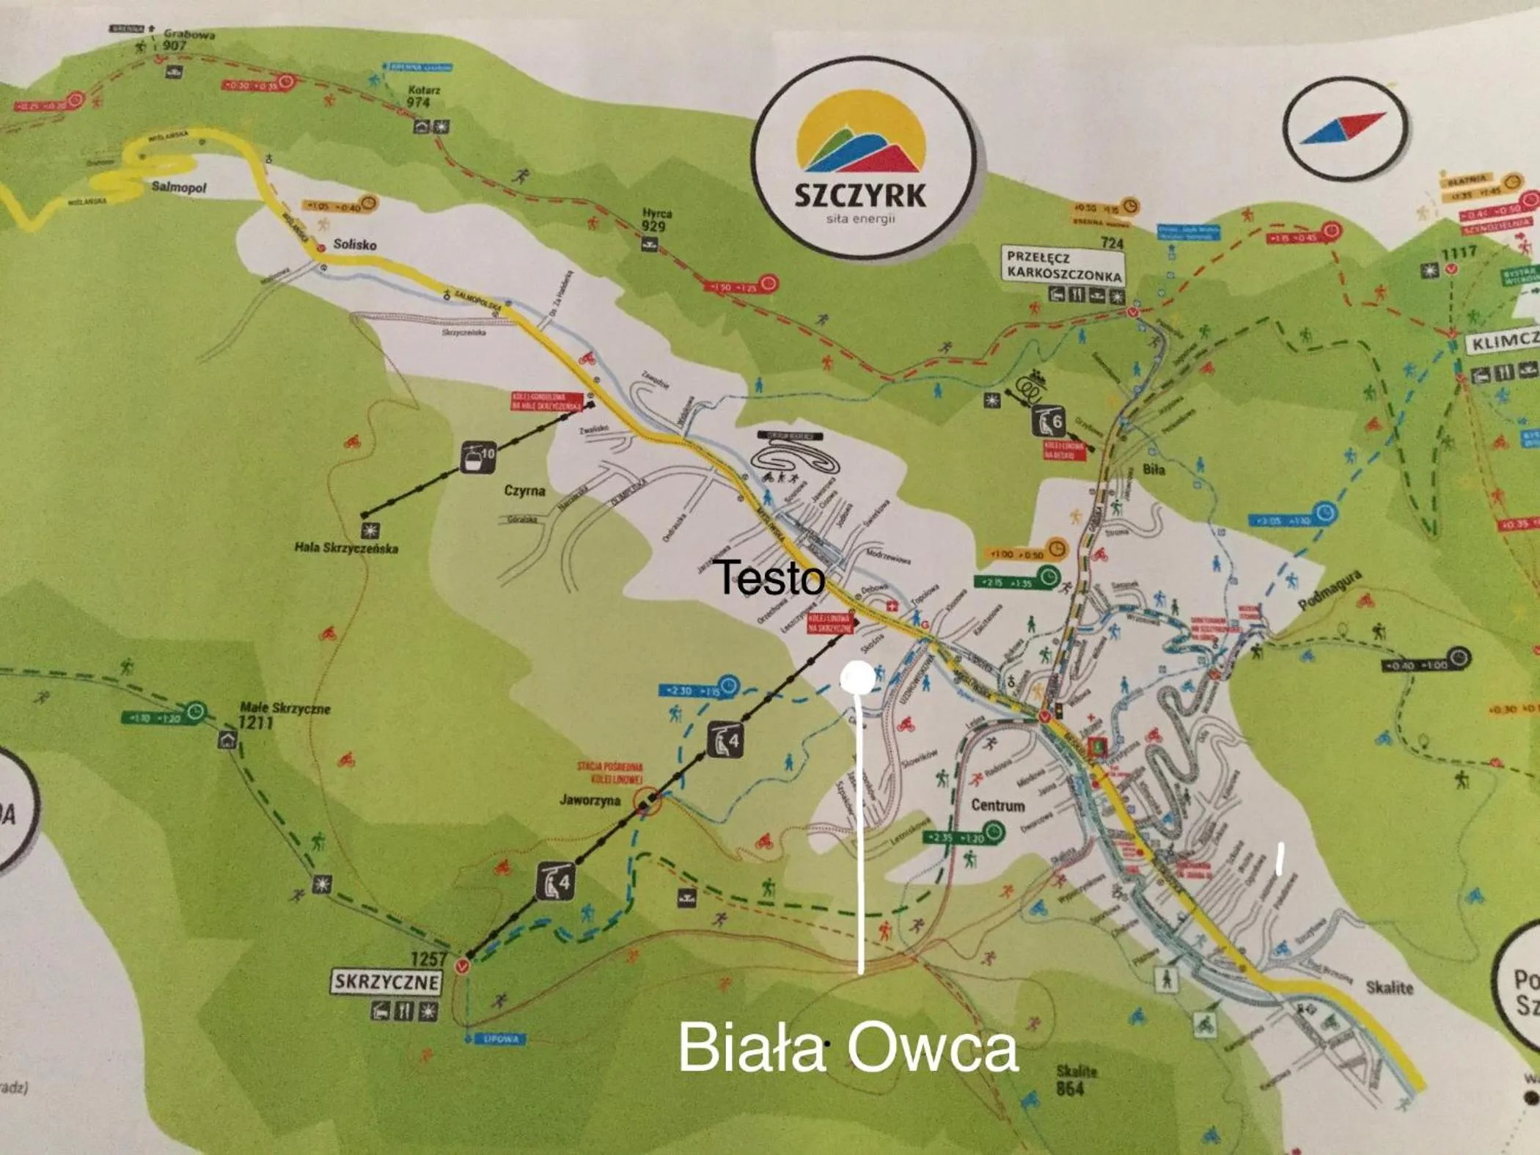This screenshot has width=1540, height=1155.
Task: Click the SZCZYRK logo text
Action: pyautogui.click(x=860, y=196)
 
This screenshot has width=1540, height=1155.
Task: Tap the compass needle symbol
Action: pyautogui.click(x=1343, y=129)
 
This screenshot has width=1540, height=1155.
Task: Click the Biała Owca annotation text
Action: pyautogui.click(x=848, y=1048)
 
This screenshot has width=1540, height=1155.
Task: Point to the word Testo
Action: pyautogui.click(x=769, y=577)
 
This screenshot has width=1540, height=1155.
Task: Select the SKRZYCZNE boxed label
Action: pyautogui.click(x=386, y=982)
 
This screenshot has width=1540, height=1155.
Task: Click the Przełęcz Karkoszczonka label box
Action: pyautogui.click(x=1063, y=265)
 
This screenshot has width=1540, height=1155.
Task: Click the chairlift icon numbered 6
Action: pyautogui.click(x=1048, y=421)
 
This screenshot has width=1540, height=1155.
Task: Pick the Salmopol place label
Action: pyautogui.click(x=178, y=187)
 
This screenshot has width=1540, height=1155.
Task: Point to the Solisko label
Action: pyautogui.click(x=354, y=244)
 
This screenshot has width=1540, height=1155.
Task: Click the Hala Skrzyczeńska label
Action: pyautogui.click(x=346, y=548)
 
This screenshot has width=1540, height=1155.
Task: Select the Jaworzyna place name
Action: pyautogui.click(x=590, y=800)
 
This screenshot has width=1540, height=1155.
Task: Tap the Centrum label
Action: pyautogui.click(x=997, y=805)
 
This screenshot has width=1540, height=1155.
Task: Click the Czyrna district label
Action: pyautogui.click(x=524, y=490)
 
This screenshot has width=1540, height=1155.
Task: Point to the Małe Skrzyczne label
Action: pyautogui.click(x=285, y=708)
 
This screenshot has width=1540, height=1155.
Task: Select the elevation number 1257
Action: pyautogui.click(x=428, y=958)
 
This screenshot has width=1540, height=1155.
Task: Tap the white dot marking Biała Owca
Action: pyautogui.click(x=857, y=678)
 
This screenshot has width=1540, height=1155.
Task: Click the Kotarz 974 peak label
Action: pyautogui.click(x=424, y=96)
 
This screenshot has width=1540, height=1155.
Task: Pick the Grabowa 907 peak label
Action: pyautogui.click(x=178, y=39)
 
